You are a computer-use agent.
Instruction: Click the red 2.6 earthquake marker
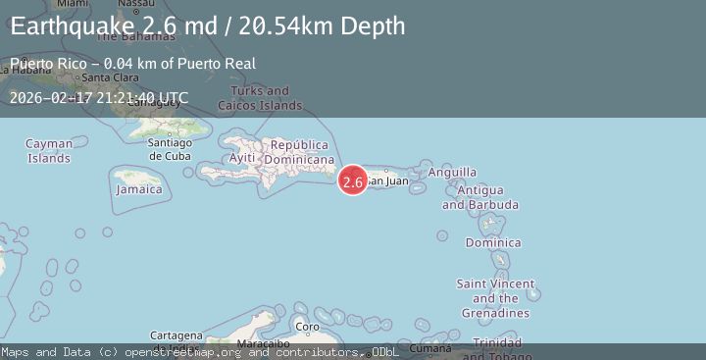pos(353,180)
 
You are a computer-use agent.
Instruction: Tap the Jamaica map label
pos(138,189)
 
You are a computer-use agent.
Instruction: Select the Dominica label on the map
pos(493,242)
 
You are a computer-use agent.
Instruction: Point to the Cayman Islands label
pos(49,151)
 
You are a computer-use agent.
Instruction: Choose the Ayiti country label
pos(242,158)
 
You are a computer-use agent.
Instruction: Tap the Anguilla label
pos(453,172)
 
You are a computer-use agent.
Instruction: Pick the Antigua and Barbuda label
pos(480,197)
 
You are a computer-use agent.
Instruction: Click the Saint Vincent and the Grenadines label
pos(495,298)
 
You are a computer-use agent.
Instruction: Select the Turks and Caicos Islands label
pos(267,98)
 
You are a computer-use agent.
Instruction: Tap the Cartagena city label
pos(176,335)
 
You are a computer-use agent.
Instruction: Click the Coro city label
pos(308,327)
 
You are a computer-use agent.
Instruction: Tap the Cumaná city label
pos(430,348)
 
